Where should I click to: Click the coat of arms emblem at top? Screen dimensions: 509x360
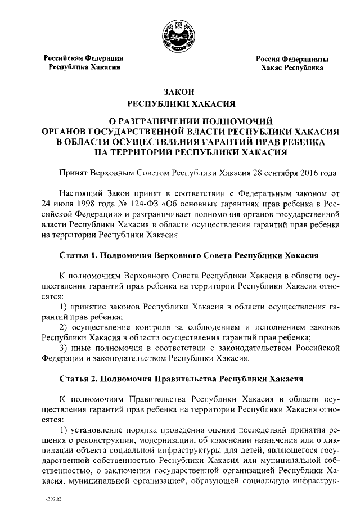[x=179, y=35]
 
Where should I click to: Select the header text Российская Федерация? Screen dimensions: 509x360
[x=84, y=58]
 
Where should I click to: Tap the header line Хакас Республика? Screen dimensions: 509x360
[x=292, y=67]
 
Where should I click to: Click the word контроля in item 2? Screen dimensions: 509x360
[x=152, y=327]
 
